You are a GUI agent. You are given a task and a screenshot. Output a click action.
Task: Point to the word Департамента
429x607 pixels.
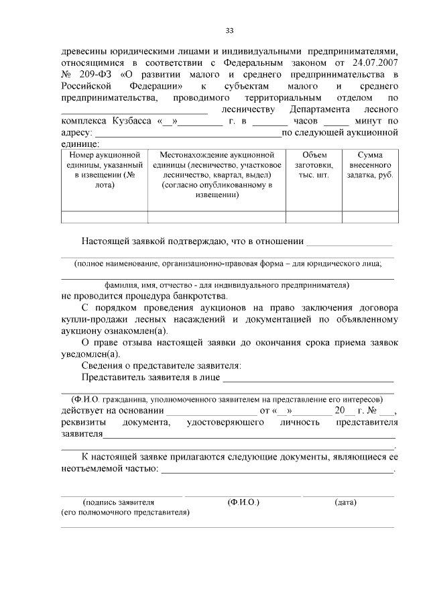(319, 109)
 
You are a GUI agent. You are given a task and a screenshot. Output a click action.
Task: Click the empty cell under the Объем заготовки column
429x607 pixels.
(314, 216)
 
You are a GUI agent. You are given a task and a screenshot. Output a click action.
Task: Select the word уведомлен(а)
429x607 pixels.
(90, 354)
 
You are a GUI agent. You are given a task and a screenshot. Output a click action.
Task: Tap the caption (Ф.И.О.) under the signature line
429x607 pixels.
(243, 502)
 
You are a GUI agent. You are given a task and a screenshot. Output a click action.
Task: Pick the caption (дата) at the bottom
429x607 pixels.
(345, 502)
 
